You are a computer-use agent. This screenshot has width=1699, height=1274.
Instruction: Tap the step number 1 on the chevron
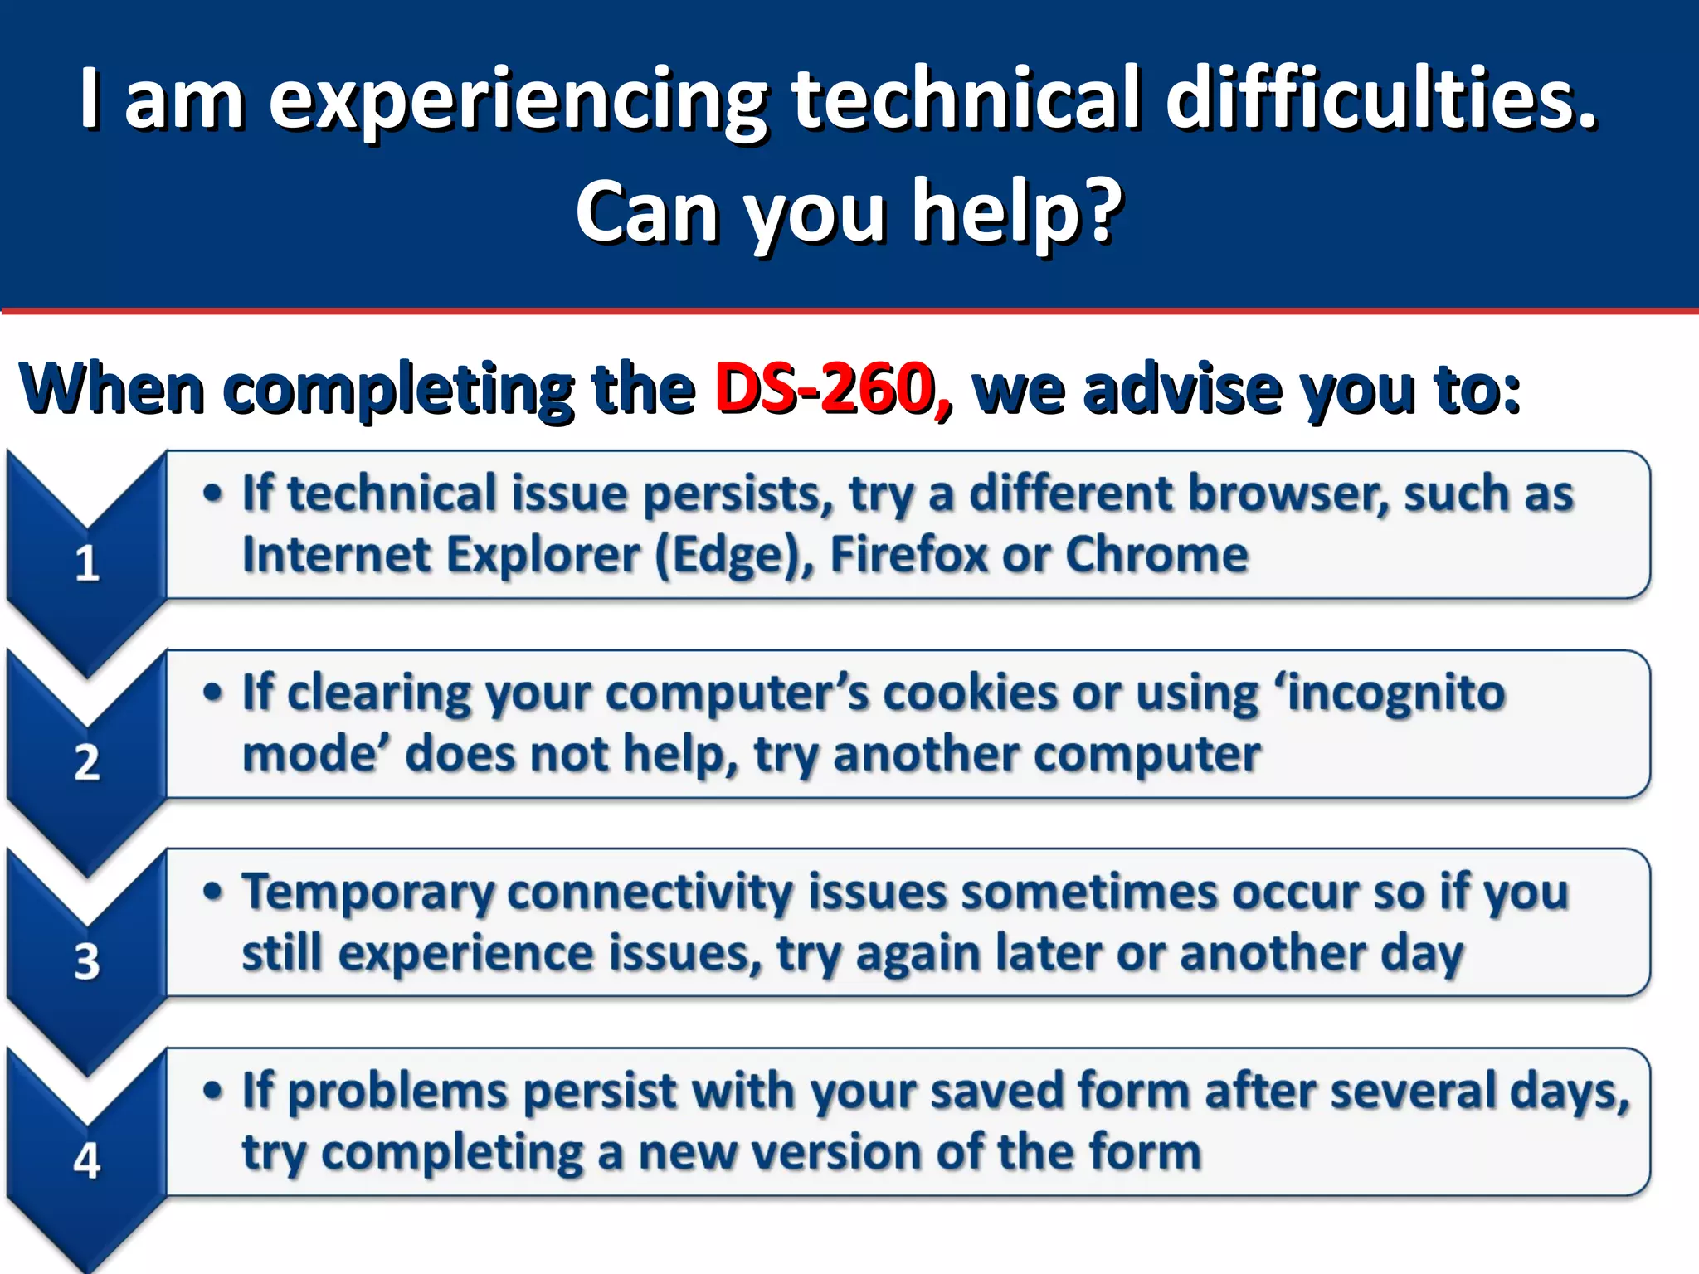(x=87, y=564)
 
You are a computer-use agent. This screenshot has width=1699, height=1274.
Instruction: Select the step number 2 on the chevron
(x=87, y=762)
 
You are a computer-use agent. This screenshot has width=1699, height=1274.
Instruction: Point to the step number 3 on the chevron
(x=87, y=962)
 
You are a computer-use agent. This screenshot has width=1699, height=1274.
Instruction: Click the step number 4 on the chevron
(x=87, y=1160)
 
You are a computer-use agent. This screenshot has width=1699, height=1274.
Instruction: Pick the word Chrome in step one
(x=1156, y=554)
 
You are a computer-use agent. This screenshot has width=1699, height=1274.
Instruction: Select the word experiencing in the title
(x=519, y=101)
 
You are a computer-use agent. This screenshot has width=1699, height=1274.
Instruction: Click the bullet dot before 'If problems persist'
(x=213, y=1090)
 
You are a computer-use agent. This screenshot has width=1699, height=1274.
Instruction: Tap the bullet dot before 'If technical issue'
(x=213, y=493)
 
